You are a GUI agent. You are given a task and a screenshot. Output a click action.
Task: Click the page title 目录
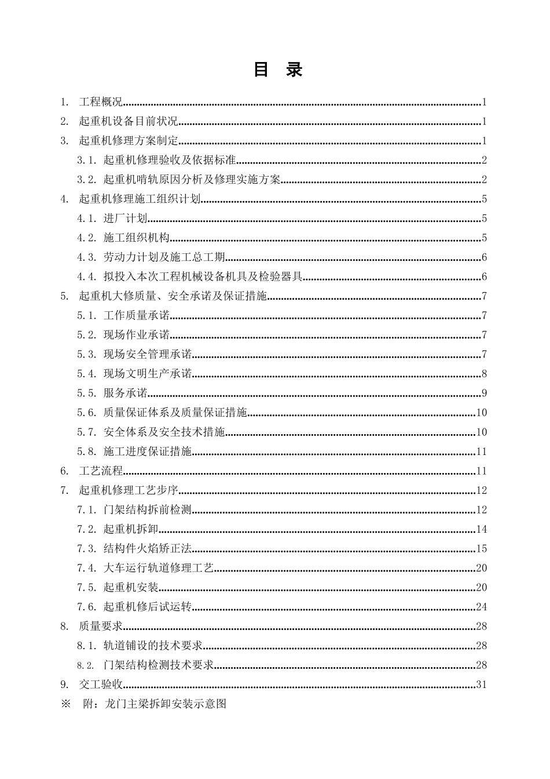click(278, 70)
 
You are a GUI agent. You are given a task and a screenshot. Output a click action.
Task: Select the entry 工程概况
click(101, 103)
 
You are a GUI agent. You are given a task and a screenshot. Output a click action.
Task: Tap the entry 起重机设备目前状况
click(128, 122)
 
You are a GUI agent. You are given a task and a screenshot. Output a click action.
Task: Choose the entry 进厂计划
click(125, 219)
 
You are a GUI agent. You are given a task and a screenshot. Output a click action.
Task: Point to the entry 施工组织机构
click(136, 238)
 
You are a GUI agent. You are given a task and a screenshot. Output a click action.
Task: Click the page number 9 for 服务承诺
click(484, 394)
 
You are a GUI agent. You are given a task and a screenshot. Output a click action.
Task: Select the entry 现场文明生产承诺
click(147, 374)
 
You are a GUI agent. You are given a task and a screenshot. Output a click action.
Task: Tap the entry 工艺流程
click(101, 471)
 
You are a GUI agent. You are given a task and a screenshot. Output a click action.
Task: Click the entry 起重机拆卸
click(131, 529)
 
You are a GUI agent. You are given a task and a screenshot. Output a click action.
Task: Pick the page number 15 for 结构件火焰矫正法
click(481, 549)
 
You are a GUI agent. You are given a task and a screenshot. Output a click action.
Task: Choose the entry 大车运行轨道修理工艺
click(158, 568)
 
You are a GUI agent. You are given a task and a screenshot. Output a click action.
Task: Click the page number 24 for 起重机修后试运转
click(481, 607)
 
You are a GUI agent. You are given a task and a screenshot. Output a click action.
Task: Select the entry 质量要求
click(101, 626)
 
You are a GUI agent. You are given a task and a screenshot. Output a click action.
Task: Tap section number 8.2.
click(86, 665)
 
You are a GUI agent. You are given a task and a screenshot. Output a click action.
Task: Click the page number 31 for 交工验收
click(481, 685)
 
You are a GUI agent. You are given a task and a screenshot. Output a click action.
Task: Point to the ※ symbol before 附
click(65, 704)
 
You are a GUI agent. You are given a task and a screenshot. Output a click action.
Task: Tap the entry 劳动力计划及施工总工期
click(164, 257)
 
